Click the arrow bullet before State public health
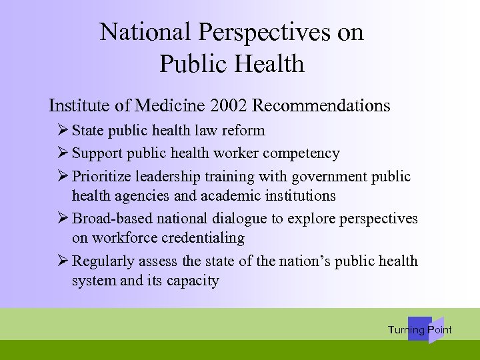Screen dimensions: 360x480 point(63,130)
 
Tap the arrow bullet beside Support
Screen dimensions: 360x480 point(63,153)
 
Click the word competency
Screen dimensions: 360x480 point(301,153)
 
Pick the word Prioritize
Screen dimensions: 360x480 point(102,177)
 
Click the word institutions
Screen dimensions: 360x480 point(296,195)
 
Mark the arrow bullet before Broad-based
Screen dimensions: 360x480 point(63,219)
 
